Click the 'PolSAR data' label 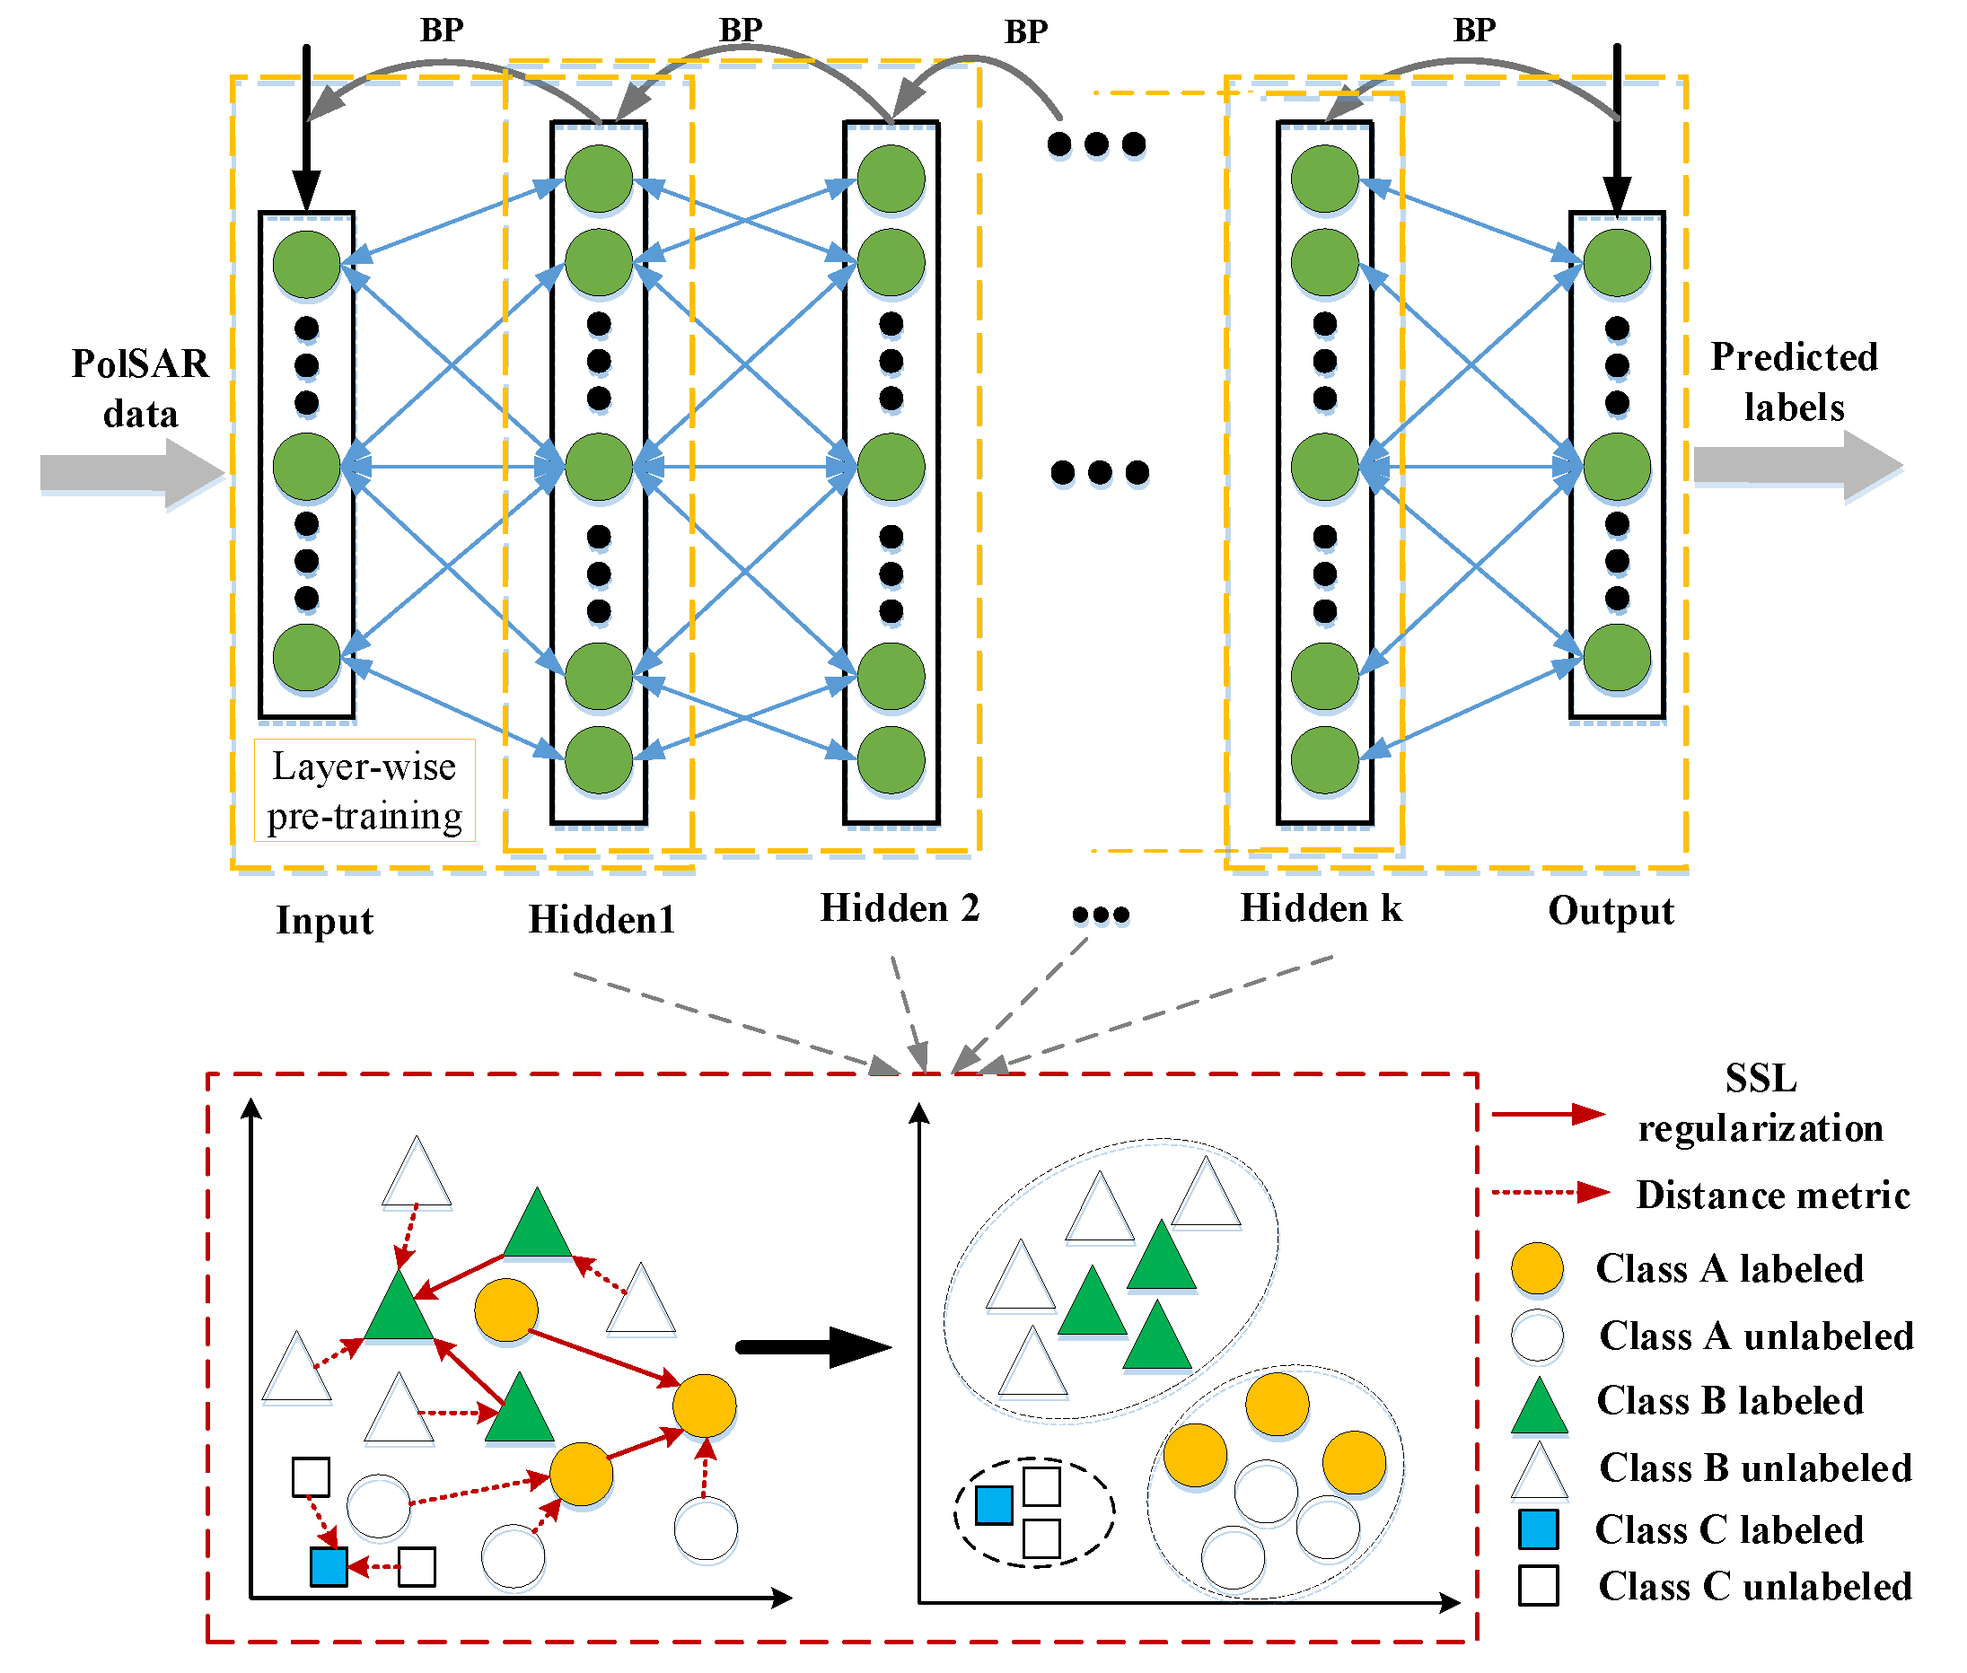pos(140,388)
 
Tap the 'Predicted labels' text pos(1793,381)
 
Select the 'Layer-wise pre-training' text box pos(364,790)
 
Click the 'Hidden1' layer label pos(602,919)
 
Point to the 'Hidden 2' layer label pos(899,907)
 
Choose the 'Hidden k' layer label pos(1321,907)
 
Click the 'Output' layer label pos(1610,910)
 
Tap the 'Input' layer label pos(324,920)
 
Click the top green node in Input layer pos(306,265)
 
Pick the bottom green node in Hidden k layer pos(1324,759)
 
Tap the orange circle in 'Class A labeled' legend pos(1536,1268)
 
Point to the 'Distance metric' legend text pos(1771,1194)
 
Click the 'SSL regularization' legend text pos(1760,1103)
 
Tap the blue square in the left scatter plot pos(329,1566)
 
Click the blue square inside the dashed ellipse pos(993,1504)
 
